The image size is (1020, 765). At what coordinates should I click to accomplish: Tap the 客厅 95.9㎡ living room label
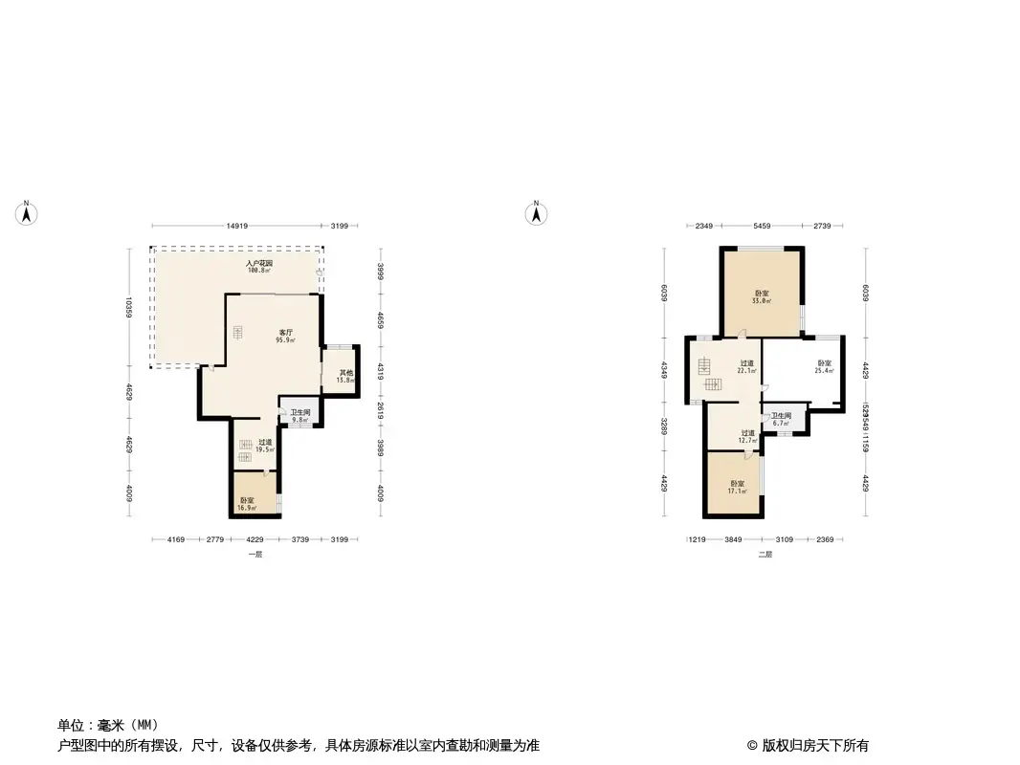pyautogui.click(x=285, y=336)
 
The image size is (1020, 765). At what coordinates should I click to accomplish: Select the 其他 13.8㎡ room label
pyautogui.click(x=344, y=376)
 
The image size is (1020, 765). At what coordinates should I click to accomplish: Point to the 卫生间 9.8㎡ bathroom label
pyautogui.click(x=300, y=415)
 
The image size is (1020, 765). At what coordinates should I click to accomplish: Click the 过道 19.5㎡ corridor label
pyautogui.click(x=265, y=446)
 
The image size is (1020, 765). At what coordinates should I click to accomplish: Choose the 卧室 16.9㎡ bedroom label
pyautogui.click(x=247, y=504)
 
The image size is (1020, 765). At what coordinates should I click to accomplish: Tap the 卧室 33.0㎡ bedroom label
pyautogui.click(x=762, y=296)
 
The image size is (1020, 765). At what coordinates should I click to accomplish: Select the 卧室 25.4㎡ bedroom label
pyautogui.click(x=824, y=366)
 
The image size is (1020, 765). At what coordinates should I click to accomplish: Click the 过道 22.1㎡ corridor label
pyautogui.click(x=746, y=366)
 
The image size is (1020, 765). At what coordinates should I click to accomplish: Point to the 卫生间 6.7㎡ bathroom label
pyautogui.click(x=781, y=419)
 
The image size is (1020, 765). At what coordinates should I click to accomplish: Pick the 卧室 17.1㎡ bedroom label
pyautogui.click(x=736, y=487)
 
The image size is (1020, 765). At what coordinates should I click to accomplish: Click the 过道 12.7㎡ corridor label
pyautogui.click(x=747, y=436)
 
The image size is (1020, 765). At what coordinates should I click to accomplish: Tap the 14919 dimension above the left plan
pyautogui.click(x=237, y=227)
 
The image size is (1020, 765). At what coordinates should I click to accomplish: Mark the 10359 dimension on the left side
pyautogui.click(x=127, y=308)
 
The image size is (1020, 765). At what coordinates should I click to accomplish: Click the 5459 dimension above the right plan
pyautogui.click(x=763, y=227)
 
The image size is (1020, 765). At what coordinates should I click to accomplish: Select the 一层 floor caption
pyautogui.click(x=255, y=555)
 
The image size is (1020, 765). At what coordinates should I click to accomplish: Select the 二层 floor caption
pyautogui.click(x=765, y=555)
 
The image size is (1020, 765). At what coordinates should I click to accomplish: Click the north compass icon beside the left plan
pyautogui.click(x=28, y=213)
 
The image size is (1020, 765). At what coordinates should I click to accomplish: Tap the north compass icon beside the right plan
pyautogui.click(x=538, y=213)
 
